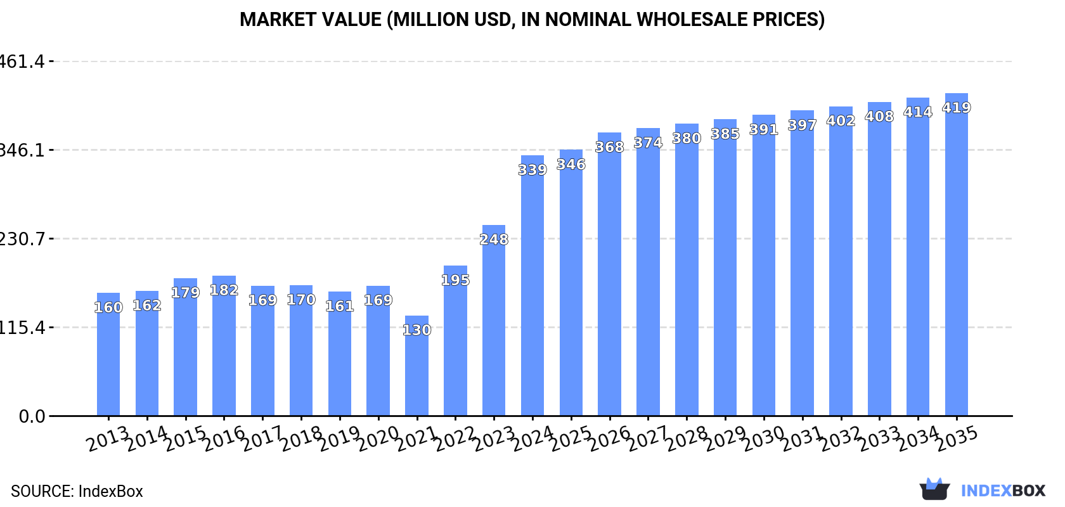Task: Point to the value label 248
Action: (494, 240)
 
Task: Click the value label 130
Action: (416, 330)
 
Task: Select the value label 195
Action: (455, 280)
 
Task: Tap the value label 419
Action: (956, 108)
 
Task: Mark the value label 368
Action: (609, 147)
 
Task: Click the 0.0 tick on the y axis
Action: (32, 416)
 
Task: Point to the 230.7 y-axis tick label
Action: (23, 239)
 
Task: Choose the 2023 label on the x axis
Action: (495, 439)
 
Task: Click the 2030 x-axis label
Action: (765, 439)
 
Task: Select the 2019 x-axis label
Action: (340, 439)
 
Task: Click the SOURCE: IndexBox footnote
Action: (77, 491)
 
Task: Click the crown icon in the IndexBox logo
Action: (934, 489)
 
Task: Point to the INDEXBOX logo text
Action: (1003, 491)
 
